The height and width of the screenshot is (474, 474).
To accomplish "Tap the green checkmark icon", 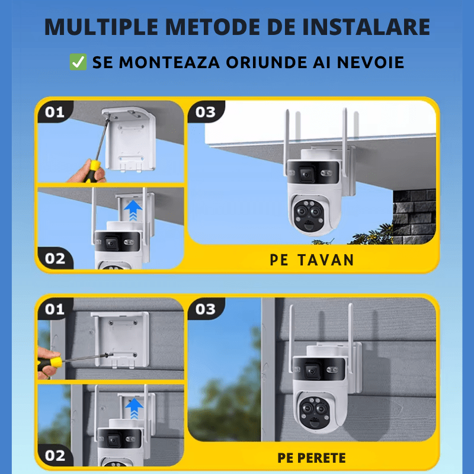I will point(78,62).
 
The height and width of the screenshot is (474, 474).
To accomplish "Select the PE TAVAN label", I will point(312,260).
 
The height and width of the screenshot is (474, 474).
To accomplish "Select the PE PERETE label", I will point(312,458).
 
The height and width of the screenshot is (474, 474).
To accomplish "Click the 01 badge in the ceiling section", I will point(55,111).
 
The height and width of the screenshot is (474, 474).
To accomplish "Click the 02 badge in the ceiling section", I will point(55,258).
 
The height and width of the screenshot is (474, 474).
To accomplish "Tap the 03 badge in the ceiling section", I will point(206,111).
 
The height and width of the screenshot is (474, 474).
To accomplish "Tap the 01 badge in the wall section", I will point(55,309).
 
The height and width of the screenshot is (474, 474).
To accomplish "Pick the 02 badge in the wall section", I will point(55,455).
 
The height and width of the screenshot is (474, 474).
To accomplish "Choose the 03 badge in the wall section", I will point(206,309).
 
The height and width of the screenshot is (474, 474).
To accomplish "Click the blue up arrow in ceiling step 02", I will point(135,211).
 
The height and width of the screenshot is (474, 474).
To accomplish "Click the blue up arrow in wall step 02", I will point(135,408).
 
